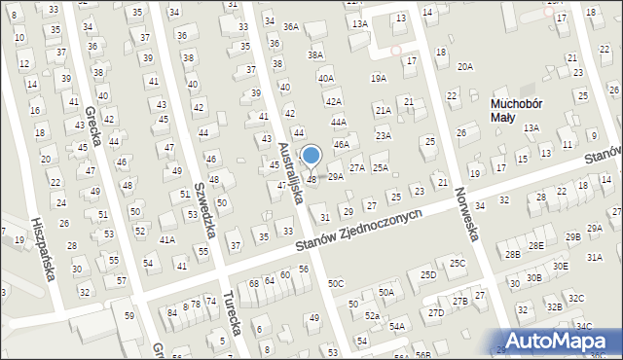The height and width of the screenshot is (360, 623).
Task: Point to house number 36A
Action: click(291, 27)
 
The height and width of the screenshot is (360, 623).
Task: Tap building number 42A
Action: click(334, 101)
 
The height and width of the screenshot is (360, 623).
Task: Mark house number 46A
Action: click(342, 144)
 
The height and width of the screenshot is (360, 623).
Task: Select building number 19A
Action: click(379, 78)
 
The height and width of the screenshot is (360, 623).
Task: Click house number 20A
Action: click(466, 66)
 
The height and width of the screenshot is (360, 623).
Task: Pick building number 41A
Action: click(167, 239)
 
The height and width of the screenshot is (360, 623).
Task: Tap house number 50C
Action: click(336, 283)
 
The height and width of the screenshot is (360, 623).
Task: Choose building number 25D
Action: click(427, 275)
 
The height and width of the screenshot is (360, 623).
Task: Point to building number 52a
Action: click(372, 316)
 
